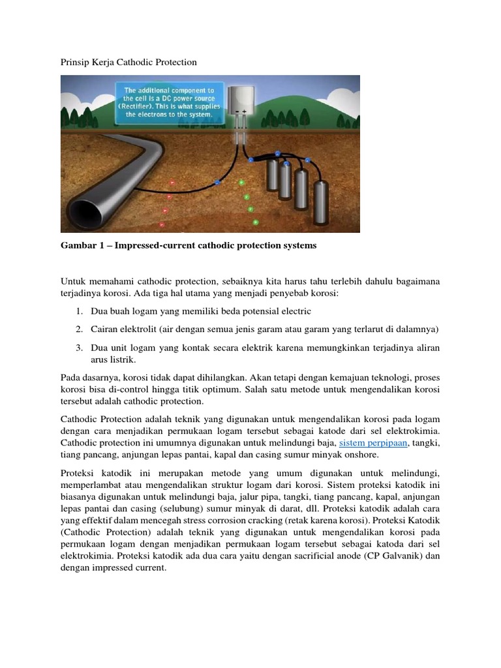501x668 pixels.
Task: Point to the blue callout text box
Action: click(x=170, y=102)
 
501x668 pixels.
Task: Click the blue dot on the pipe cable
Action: click(x=217, y=182)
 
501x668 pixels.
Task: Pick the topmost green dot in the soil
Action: click(x=241, y=183)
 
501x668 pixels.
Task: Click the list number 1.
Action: click(x=78, y=311)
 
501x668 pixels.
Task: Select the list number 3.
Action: click(x=78, y=347)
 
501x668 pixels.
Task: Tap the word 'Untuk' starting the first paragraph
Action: click(x=72, y=281)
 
